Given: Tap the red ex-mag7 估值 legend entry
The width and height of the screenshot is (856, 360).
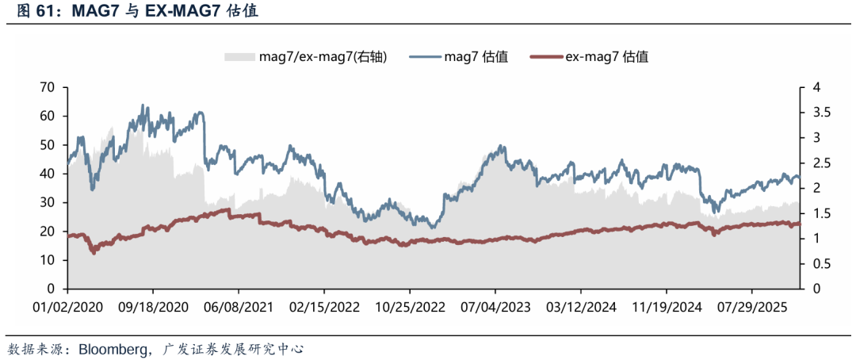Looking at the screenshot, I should (x=607, y=56).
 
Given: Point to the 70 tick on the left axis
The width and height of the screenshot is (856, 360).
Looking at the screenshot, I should (x=48, y=87).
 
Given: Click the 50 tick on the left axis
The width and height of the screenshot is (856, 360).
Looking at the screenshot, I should (x=48, y=145).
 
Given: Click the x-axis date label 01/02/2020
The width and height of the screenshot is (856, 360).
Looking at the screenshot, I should (x=67, y=307).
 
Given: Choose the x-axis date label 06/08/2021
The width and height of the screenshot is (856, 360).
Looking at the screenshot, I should (x=239, y=307).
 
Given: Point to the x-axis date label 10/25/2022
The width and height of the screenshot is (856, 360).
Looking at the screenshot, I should (x=411, y=307).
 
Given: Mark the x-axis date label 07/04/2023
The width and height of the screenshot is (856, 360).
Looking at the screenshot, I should (x=496, y=307).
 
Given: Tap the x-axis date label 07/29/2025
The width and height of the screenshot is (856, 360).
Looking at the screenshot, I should (x=754, y=307).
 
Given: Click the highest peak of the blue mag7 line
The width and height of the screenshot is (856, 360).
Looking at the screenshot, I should (x=143, y=105).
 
